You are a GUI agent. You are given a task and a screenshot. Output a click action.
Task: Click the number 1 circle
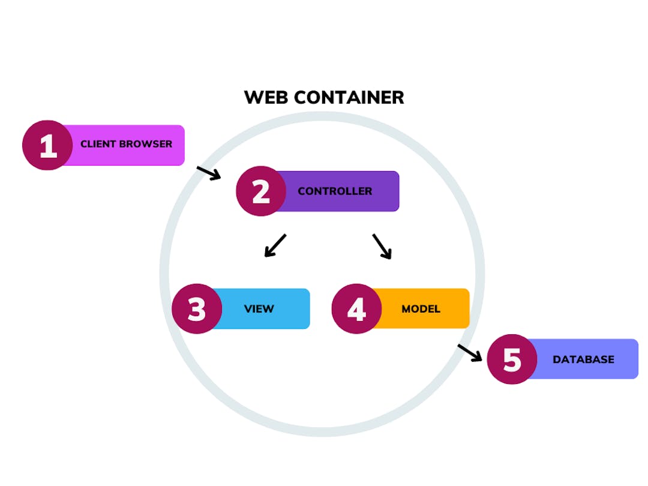point(47,145)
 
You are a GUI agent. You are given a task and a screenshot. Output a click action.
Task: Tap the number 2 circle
point(261,191)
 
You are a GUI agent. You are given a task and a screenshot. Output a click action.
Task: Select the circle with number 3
point(197,308)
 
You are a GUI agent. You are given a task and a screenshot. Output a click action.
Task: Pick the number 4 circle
point(356,308)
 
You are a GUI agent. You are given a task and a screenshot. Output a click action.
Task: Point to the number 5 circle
point(512,359)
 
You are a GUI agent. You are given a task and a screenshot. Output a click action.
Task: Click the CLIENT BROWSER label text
point(126,144)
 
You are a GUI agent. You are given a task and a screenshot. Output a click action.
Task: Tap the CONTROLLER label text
point(335,191)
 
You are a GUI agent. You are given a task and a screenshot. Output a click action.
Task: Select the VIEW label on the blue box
point(259,309)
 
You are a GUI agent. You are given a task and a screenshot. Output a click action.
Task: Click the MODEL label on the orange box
point(421,309)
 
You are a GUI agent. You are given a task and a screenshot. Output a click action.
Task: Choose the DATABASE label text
point(583,359)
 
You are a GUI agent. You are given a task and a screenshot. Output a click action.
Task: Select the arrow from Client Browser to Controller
point(209,173)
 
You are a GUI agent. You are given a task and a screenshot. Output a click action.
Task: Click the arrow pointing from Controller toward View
point(275,245)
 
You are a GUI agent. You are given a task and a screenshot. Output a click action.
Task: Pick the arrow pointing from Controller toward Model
point(382,247)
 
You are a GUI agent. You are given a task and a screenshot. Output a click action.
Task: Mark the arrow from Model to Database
point(470,353)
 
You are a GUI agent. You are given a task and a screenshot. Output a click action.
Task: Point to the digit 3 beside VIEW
point(197,308)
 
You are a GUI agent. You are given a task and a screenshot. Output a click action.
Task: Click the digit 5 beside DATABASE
point(512,359)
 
